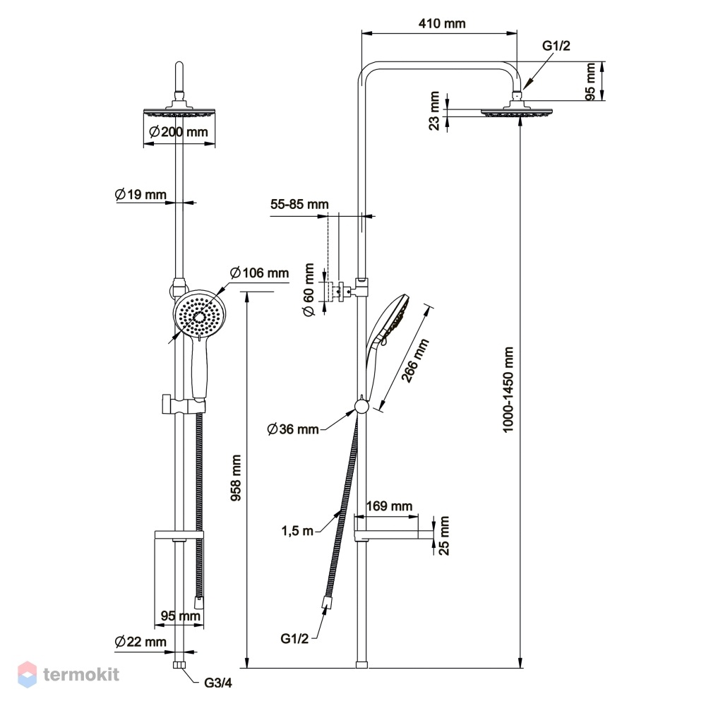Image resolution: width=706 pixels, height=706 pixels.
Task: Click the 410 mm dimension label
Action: click(x=442, y=23)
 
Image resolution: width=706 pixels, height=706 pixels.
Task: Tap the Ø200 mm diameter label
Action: click(x=179, y=132)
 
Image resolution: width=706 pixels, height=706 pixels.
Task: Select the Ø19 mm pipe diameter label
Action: click(x=140, y=195)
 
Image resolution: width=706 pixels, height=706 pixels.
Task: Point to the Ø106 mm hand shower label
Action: click(x=259, y=273)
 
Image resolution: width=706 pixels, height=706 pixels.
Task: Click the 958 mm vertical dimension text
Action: click(x=236, y=477)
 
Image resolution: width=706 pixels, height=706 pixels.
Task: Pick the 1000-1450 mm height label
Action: click(x=508, y=390)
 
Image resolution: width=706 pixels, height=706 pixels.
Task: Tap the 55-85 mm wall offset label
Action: click(x=299, y=205)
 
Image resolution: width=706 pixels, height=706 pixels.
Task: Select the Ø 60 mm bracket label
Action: click(x=309, y=290)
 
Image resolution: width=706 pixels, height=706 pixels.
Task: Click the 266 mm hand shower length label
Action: click(x=414, y=361)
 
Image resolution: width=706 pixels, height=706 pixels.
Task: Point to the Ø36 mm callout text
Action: click(x=293, y=429)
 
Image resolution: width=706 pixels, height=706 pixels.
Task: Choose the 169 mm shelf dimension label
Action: click(x=389, y=506)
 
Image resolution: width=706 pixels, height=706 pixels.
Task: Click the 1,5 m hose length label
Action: click(x=297, y=531)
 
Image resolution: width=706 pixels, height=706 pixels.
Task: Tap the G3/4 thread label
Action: click(x=218, y=683)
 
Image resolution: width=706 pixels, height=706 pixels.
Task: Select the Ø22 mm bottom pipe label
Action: click(x=140, y=642)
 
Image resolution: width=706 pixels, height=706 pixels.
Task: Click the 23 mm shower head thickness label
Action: click(x=434, y=111)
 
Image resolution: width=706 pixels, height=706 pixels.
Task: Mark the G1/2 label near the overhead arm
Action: click(x=556, y=45)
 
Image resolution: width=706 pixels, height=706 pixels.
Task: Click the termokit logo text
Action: click(x=81, y=674)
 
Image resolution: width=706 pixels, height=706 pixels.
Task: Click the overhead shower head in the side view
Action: click(x=517, y=109)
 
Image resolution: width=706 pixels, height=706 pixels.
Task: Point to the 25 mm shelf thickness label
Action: click(x=443, y=535)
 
